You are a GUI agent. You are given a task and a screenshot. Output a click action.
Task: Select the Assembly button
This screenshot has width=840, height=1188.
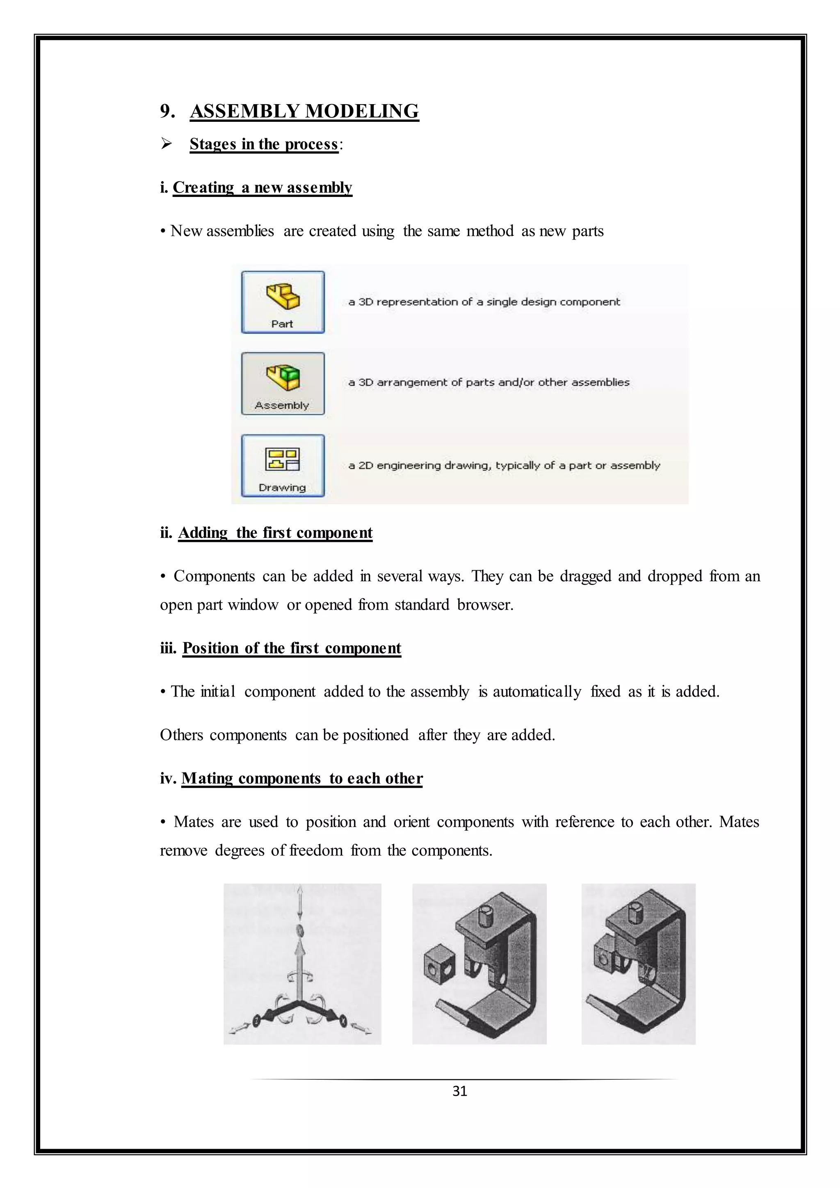click(x=283, y=384)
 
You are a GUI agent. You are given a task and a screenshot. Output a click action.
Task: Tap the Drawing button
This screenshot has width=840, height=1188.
click(x=283, y=466)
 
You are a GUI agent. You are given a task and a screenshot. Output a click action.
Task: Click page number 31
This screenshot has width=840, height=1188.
click(x=459, y=1091)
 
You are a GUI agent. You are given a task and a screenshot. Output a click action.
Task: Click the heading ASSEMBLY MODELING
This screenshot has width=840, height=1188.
click(x=304, y=111)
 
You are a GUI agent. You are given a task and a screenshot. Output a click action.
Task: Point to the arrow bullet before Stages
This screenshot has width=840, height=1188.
click(x=166, y=143)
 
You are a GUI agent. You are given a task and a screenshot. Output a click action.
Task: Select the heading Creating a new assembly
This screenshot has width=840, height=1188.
click(x=262, y=187)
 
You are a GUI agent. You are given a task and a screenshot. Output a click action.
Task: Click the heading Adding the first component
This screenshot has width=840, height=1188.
click(x=275, y=532)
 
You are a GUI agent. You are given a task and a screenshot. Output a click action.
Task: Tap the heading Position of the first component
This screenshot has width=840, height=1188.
click(x=292, y=648)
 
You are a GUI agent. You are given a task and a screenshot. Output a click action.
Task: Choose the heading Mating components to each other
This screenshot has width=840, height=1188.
click(x=302, y=778)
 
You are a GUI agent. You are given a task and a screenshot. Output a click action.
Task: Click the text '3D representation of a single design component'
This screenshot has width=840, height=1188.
click(x=484, y=302)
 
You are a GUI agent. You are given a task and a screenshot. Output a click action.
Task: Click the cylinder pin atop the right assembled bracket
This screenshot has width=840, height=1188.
click(x=636, y=913)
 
